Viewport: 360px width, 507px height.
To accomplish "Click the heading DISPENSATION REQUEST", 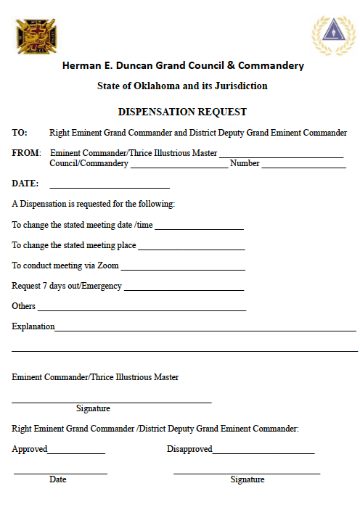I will (182, 112).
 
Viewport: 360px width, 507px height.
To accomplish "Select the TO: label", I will (20, 133).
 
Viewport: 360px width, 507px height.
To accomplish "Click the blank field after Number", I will (303, 167).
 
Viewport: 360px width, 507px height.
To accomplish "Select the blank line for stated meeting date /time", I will (199, 228).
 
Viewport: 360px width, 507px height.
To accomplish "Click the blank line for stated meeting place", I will (191, 249).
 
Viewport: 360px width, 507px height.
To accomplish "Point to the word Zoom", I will (107, 265).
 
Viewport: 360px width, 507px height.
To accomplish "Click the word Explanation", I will (33, 326).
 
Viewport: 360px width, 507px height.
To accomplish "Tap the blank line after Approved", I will (76, 453).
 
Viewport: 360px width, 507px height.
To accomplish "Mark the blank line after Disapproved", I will (263, 453).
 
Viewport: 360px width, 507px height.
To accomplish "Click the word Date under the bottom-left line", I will (58, 479).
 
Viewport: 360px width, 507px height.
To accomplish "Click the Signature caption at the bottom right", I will (247, 479).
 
